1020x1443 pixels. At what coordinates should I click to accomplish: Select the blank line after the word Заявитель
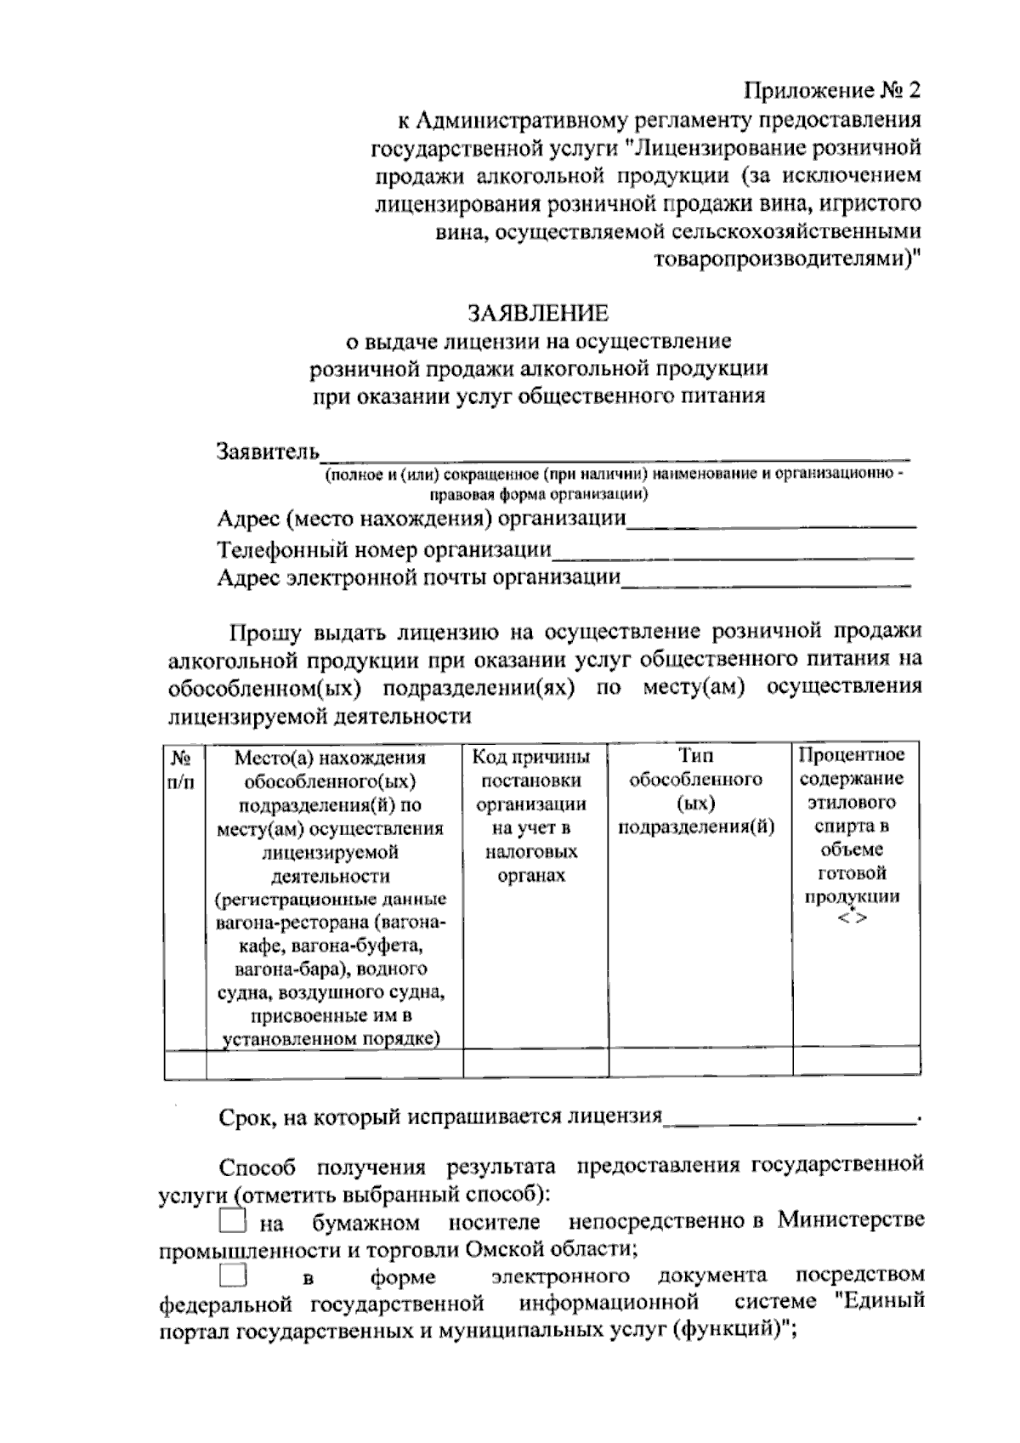coord(615,452)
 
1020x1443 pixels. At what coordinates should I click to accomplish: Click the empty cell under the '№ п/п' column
coord(184,1063)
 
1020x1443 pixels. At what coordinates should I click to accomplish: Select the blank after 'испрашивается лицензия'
coord(790,1117)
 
